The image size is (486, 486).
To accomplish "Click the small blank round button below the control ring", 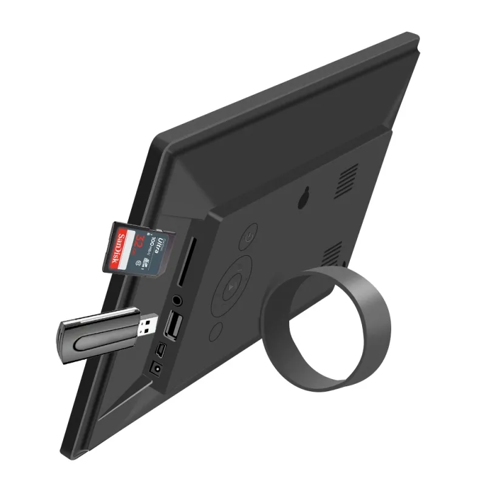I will pos(216,332).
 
